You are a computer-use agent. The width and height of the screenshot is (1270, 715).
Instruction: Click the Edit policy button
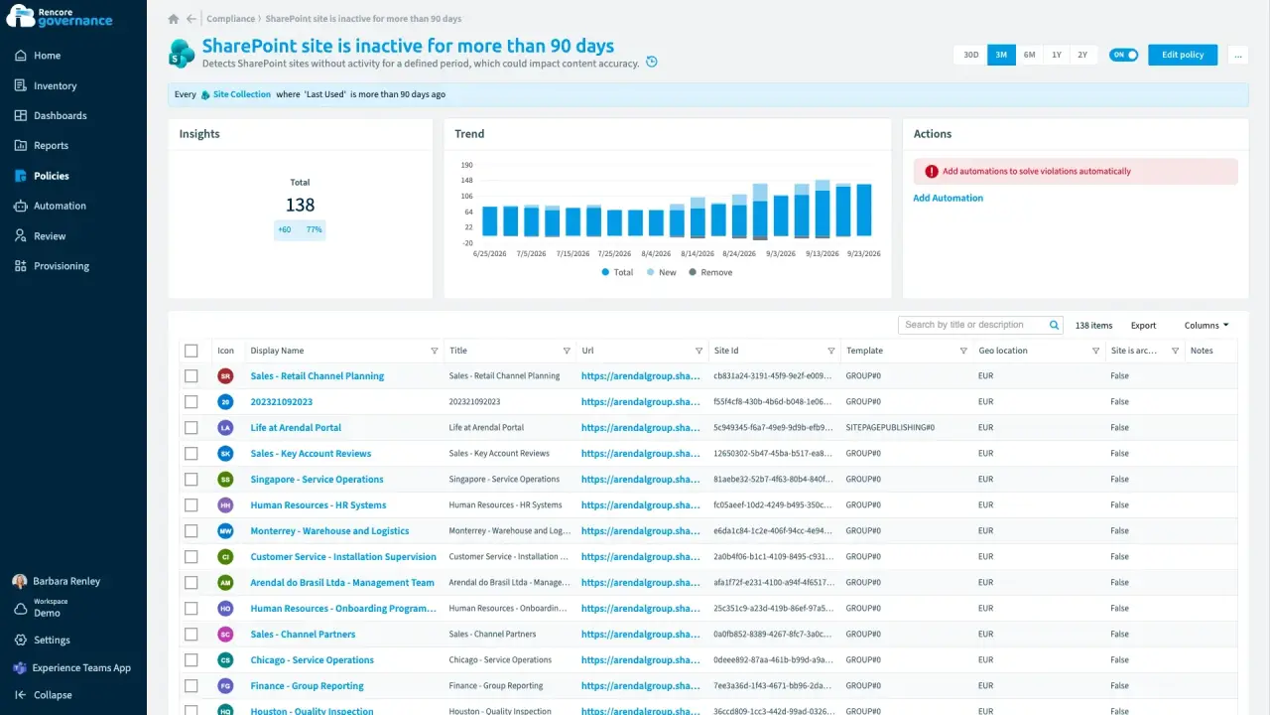1182,55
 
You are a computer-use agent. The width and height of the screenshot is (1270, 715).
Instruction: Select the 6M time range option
1029,55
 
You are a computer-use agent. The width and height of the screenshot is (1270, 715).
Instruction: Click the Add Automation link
948,198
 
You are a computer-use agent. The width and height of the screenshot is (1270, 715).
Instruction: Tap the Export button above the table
1143,325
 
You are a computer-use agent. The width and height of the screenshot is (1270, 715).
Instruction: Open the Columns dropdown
1206,325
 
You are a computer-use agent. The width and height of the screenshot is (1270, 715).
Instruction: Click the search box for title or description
974,325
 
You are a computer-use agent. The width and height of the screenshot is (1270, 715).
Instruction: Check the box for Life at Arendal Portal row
191,427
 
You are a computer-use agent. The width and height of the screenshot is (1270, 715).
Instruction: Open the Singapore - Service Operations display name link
317,479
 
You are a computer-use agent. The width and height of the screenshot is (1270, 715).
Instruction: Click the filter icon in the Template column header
963,351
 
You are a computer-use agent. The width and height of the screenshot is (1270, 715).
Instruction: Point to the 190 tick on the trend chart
466,165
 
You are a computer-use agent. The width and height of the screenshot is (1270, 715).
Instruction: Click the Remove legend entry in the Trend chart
710,272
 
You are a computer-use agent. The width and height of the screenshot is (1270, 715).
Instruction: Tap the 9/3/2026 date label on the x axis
781,253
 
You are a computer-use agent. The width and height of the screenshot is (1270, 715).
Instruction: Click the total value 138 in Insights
300,205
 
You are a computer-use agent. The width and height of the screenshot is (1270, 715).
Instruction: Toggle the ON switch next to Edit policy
1123,55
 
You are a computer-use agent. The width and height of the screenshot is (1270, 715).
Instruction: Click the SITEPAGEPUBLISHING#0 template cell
890,427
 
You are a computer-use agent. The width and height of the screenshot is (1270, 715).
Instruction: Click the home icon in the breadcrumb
174,19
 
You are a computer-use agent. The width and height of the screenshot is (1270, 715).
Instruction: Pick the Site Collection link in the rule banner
241,94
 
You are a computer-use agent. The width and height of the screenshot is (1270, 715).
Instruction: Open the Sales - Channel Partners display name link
303,634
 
